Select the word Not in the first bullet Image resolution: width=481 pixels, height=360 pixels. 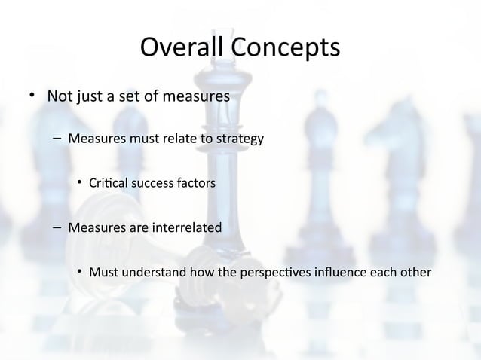coord(60,97)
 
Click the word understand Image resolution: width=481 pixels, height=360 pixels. coord(158,271)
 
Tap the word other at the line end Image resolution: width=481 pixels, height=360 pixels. coord(415,271)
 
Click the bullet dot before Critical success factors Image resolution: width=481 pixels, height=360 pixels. coord(79,183)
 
